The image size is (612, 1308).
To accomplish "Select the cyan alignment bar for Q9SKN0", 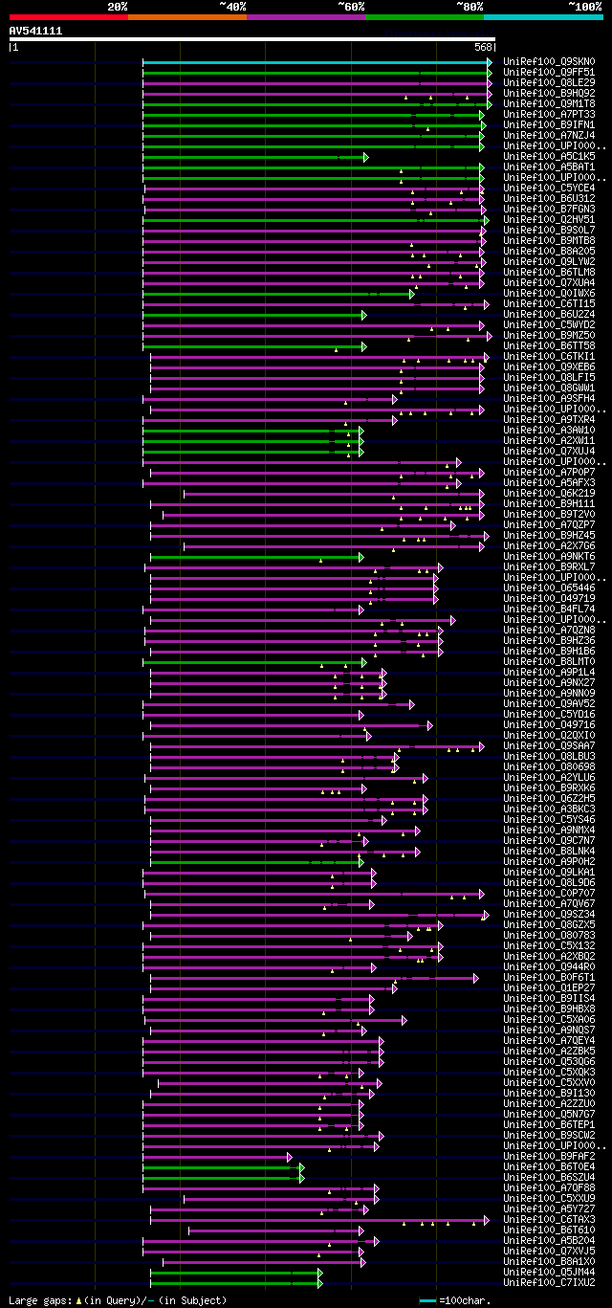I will [316, 62].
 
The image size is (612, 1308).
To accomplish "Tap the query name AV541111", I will [35, 31].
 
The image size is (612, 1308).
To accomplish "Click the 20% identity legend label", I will [118, 7].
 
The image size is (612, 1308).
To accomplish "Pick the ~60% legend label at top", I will [351, 7].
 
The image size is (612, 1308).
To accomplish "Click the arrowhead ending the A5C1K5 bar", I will [365, 157].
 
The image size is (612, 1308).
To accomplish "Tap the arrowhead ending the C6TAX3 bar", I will [486, 1220].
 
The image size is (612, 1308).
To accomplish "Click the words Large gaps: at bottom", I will [39, 1301].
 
